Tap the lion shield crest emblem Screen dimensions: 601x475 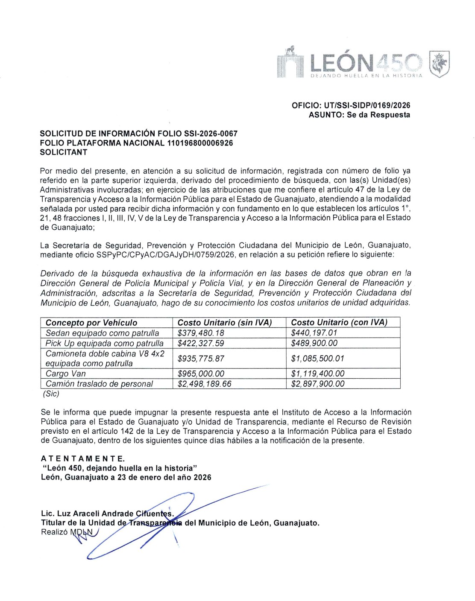tap(440, 64)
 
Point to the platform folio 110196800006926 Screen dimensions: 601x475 tap(200, 143)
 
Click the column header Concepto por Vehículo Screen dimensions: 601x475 tap(91, 323)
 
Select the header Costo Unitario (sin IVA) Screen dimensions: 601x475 tap(225, 323)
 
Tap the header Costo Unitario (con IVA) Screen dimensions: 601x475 tap(339, 323)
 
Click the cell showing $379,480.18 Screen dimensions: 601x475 tap(201, 333)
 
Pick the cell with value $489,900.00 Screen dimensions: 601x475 tap(314, 343)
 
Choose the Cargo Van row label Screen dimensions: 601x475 tap(66, 373)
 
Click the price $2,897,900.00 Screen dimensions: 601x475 tap(317, 384)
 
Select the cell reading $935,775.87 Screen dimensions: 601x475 tap(201, 359)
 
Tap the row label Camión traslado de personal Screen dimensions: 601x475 tap(99, 384)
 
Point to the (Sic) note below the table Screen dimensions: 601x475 tap(51, 394)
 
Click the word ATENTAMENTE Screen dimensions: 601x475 tap(83, 459)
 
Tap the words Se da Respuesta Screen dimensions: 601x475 tap(378, 115)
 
